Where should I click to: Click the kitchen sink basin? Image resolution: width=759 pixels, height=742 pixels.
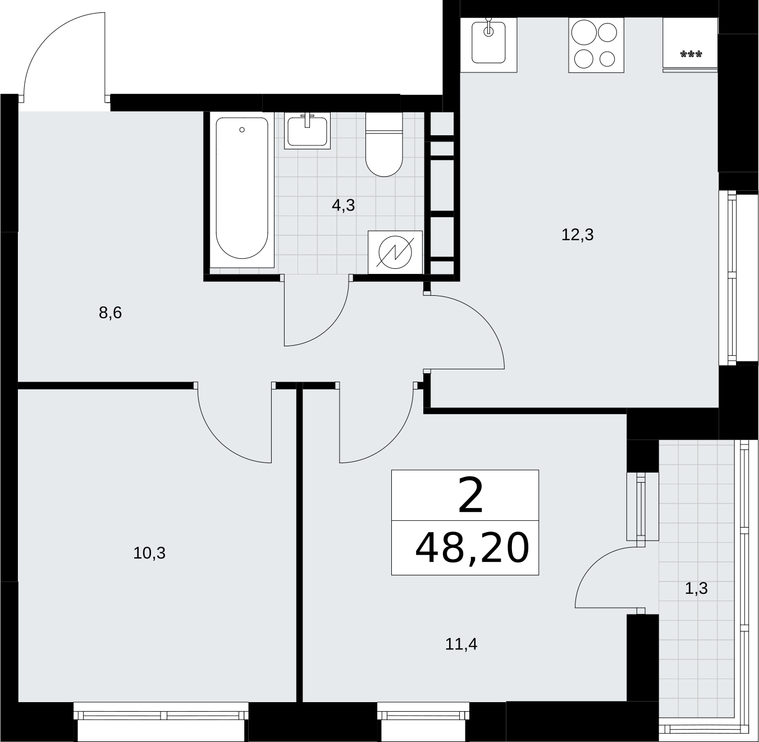tap(488, 43)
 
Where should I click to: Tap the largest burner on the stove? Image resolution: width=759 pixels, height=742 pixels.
tap(584, 33)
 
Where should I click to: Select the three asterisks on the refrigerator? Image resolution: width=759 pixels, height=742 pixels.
tap(691, 54)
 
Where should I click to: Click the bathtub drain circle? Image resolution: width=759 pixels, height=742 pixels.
tap(242, 130)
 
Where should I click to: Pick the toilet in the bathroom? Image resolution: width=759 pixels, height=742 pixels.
tap(384, 144)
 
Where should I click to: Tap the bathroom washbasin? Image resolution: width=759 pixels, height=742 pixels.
tap(307, 131)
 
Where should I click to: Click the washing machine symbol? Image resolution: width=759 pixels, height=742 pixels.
tap(395, 252)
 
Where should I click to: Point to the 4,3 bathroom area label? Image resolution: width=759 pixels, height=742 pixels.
tap(343, 205)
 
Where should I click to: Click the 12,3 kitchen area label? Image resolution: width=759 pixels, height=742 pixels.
tap(577, 235)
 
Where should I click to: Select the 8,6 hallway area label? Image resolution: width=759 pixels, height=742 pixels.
tap(111, 312)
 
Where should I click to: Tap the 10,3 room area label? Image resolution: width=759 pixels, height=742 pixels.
tap(149, 553)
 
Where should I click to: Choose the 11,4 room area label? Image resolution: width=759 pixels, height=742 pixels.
tap(461, 644)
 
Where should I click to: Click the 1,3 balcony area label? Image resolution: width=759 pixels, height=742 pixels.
tap(696, 588)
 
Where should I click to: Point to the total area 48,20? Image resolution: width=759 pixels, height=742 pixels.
tap(472, 548)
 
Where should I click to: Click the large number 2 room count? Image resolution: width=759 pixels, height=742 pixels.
tap(471, 496)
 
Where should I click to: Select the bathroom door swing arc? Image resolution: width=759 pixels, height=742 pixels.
tap(330, 328)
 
